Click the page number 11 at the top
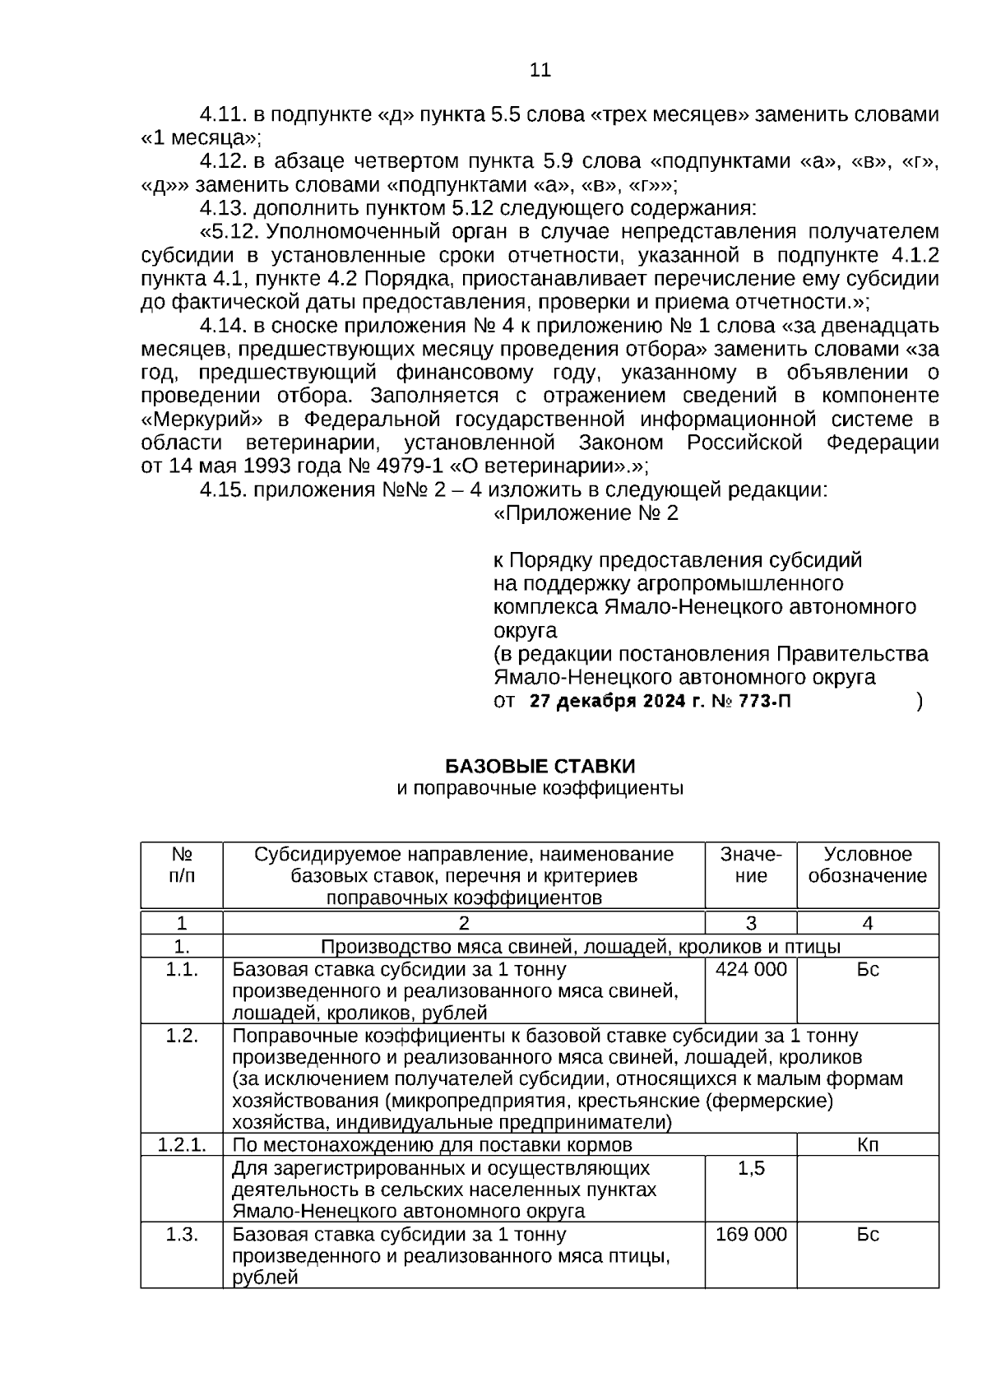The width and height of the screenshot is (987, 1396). click(540, 70)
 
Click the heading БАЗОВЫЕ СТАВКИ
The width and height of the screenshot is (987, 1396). click(540, 767)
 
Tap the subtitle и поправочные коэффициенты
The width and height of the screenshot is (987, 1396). click(540, 790)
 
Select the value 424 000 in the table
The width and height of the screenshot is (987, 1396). click(750, 970)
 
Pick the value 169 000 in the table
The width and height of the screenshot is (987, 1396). click(750, 1235)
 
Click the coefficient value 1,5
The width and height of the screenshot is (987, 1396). click(750, 1168)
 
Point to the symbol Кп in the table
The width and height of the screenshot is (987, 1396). click(868, 1145)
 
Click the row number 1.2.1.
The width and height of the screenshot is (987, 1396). click(181, 1145)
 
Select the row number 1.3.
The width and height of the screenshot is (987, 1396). click(181, 1235)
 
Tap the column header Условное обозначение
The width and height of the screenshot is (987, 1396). click(868, 865)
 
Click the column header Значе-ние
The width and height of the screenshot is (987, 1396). click(750, 865)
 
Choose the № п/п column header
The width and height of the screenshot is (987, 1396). click(181, 865)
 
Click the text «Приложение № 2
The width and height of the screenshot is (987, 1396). click(585, 514)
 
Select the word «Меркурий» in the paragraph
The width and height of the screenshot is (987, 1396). click(192, 420)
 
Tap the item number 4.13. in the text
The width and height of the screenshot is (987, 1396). click(224, 208)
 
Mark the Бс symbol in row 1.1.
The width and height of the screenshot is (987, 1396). click(868, 970)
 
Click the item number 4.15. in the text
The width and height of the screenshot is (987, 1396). click(224, 490)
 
